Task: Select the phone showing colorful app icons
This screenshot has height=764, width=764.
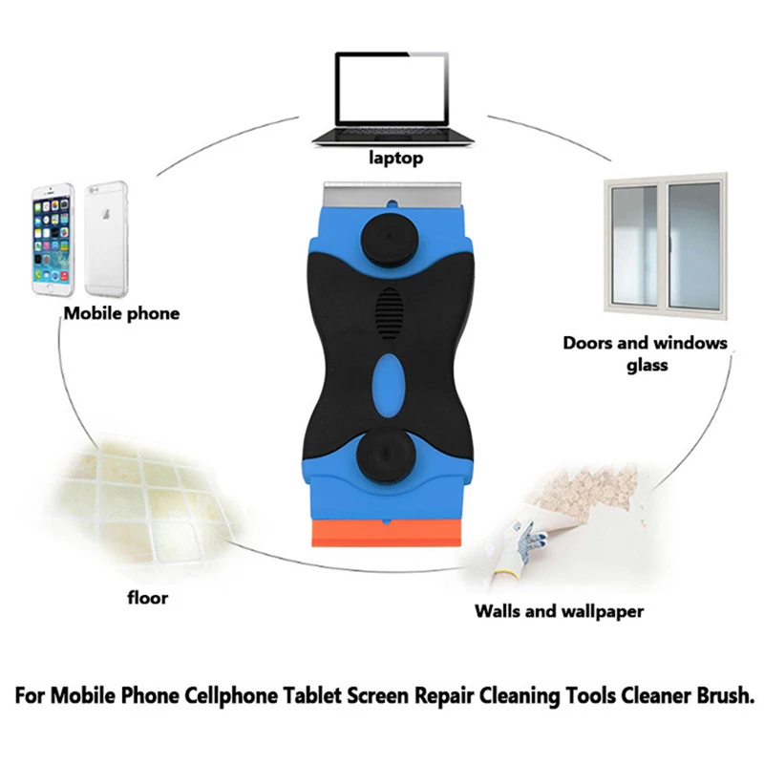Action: pyautogui.click(x=53, y=238)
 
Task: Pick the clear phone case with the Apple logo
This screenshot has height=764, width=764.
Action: pyautogui.click(x=106, y=238)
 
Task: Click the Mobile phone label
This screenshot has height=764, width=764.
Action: pyautogui.click(x=120, y=313)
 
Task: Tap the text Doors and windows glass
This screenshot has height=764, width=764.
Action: pyautogui.click(x=645, y=353)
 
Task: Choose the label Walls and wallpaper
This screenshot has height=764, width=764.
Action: pyautogui.click(x=559, y=611)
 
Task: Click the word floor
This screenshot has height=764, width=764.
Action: pyautogui.click(x=147, y=598)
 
